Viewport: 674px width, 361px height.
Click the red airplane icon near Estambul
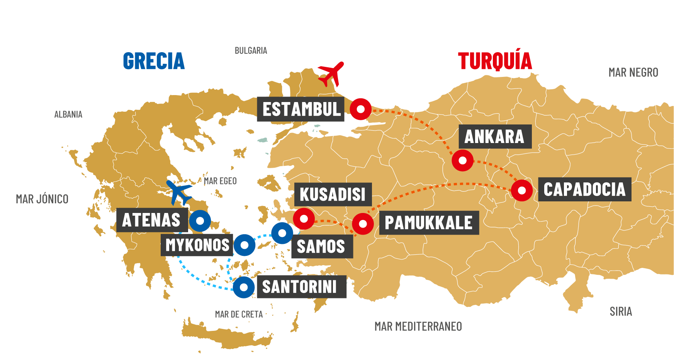331,74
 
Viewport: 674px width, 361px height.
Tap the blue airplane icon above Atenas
178,192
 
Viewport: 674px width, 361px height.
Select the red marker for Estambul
360,109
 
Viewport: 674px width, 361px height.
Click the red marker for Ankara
462,160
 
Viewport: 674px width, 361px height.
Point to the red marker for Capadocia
521,190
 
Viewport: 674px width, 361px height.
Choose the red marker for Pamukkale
363,223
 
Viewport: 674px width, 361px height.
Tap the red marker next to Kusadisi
304,219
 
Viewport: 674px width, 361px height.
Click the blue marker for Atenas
200,221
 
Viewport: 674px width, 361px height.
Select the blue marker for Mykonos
244,245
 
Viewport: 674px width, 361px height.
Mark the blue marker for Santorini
243,287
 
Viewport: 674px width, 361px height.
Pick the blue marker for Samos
282,233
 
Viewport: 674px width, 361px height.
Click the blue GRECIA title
154,61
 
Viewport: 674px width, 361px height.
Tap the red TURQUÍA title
495,61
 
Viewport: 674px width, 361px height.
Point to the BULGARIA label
251,51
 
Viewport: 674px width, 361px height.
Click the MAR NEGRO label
633,73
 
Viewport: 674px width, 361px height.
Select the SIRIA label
621,312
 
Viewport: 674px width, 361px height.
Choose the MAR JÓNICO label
42,199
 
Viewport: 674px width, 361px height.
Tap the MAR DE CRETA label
239,315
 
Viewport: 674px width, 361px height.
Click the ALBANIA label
68,114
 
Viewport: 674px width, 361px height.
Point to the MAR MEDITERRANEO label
418,327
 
